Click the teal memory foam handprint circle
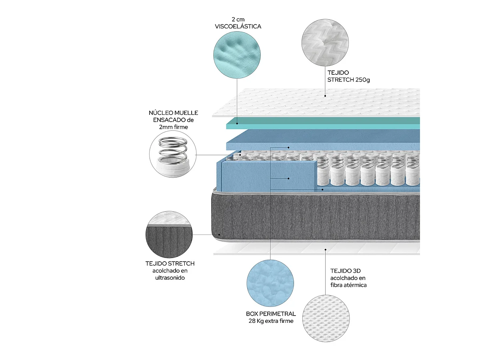[x=237, y=55]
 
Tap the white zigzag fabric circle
[x=325, y=42]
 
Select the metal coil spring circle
[x=173, y=154]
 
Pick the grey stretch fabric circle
[x=169, y=234]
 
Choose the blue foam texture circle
[x=270, y=283]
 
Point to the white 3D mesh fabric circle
[x=326, y=318]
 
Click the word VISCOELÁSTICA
[x=238, y=26]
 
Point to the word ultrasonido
[x=170, y=278]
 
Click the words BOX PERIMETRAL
[x=271, y=314]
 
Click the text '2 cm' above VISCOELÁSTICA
[x=238, y=20]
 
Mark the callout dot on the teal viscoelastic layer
[x=237, y=124]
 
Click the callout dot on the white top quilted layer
[x=325, y=96]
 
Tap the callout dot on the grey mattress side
[x=219, y=235]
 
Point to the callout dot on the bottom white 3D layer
[x=325, y=249]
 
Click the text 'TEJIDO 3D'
[x=345, y=271]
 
